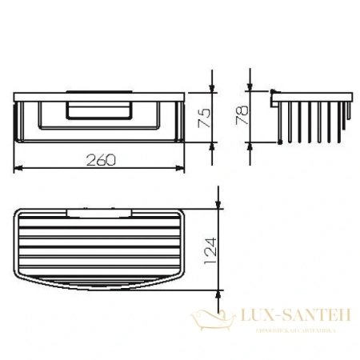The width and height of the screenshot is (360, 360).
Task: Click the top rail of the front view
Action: click(x=101, y=98)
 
